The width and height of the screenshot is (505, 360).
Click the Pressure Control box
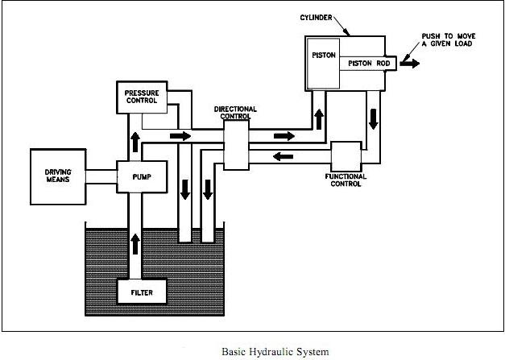[x=141, y=97]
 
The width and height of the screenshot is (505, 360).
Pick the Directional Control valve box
[x=235, y=146]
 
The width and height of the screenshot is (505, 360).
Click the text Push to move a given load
[x=453, y=39]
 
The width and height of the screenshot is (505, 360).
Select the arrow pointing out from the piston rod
[x=410, y=63]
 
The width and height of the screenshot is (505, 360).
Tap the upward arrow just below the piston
[x=320, y=114]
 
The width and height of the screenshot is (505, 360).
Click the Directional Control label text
[x=235, y=112]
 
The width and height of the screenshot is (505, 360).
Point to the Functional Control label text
[x=346, y=180]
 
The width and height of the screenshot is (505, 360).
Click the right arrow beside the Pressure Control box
[x=181, y=135]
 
